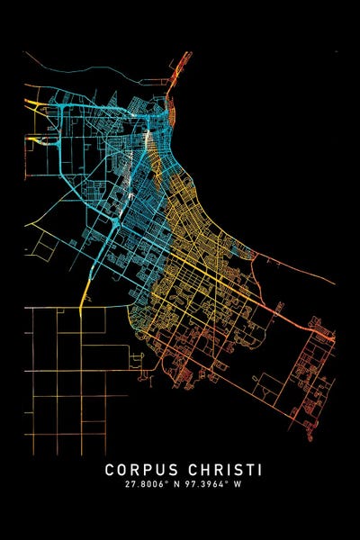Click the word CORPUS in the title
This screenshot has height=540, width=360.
142,470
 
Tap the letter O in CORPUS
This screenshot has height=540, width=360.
122,470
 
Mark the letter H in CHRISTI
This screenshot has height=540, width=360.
203,470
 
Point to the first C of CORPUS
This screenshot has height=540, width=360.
110,470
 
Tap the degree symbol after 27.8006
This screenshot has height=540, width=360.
166,483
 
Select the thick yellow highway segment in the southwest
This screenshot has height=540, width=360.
85,289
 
